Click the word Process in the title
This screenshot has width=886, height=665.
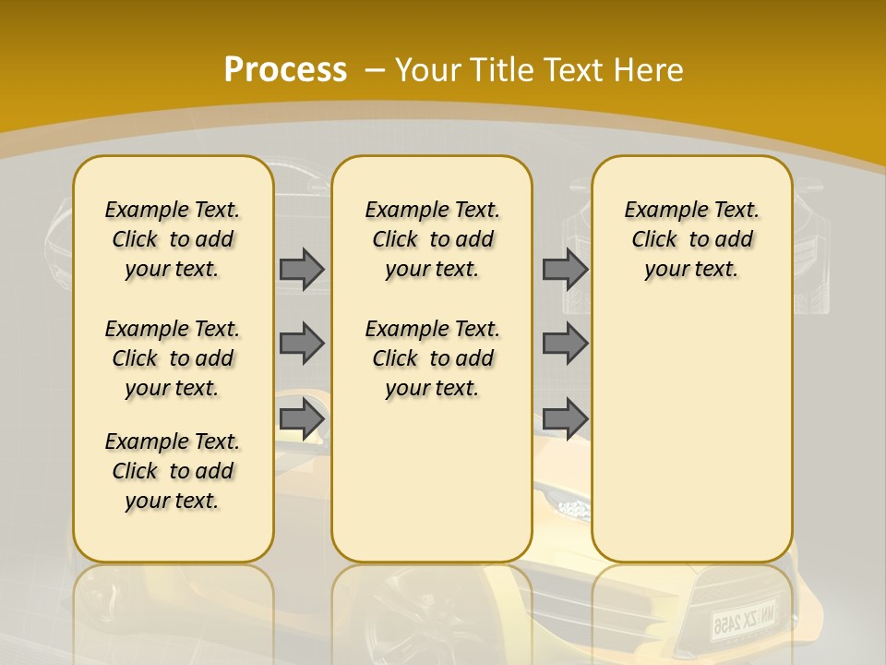click(x=285, y=69)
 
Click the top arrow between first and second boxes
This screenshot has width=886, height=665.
click(x=302, y=269)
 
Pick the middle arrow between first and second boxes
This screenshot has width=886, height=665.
click(x=302, y=344)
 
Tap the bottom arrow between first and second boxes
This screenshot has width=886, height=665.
click(x=302, y=418)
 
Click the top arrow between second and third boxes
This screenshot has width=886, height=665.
click(x=565, y=269)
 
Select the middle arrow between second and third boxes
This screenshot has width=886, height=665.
click(x=565, y=344)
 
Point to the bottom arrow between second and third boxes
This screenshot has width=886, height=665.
click(x=565, y=418)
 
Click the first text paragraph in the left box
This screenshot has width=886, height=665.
click(x=173, y=239)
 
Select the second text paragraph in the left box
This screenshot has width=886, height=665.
click(x=173, y=358)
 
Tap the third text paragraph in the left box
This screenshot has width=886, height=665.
click(x=173, y=471)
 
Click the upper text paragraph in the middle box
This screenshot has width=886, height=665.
click(x=432, y=239)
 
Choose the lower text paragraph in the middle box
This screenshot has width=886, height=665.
click(x=432, y=358)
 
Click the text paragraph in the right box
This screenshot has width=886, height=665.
click(x=691, y=239)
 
